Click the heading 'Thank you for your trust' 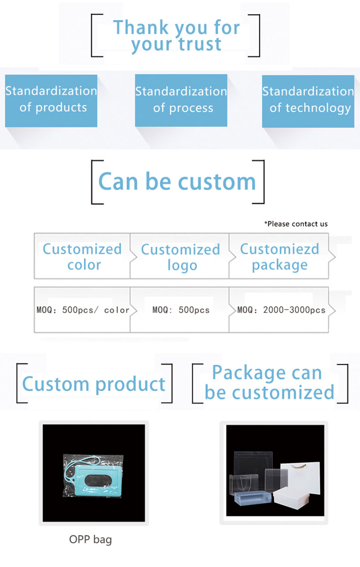(176, 36)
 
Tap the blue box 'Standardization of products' (51, 101)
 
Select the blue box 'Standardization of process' (181, 101)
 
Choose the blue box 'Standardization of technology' (308, 101)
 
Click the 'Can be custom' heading (177, 182)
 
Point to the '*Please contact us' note (296, 224)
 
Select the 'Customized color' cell (82, 256)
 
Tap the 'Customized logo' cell (180, 256)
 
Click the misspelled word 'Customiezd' (279, 249)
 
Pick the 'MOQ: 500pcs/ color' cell (82, 310)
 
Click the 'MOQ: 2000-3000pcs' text (281, 310)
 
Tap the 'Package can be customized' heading (269, 382)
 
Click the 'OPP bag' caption (90, 540)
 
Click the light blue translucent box (253, 498)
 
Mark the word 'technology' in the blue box (318, 108)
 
